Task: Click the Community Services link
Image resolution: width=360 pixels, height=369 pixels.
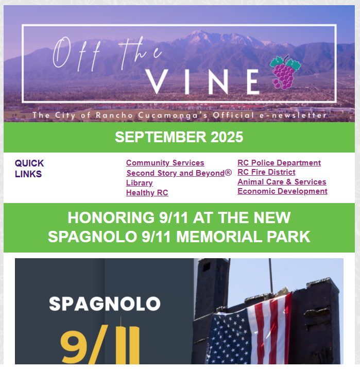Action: click(165, 163)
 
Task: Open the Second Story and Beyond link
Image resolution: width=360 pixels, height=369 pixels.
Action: click(179, 173)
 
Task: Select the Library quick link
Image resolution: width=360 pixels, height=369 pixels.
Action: click(139, 183)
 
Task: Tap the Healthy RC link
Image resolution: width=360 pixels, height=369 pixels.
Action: click(147, 193)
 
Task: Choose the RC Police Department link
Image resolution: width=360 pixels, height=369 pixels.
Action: click(279, 163)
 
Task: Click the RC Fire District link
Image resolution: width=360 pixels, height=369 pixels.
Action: click(266, 172)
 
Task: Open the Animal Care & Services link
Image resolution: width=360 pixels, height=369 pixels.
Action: click(282, 182)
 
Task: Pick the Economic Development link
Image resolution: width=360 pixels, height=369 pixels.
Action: click(282, 191)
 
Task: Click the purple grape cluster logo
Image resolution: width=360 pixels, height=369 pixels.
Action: click(284, 72)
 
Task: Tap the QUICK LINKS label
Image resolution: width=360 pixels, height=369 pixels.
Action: click(29, 169)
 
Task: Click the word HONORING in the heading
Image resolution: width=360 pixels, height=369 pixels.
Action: click(107, 217)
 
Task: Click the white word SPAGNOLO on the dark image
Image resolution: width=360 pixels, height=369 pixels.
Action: click(105, 304)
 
